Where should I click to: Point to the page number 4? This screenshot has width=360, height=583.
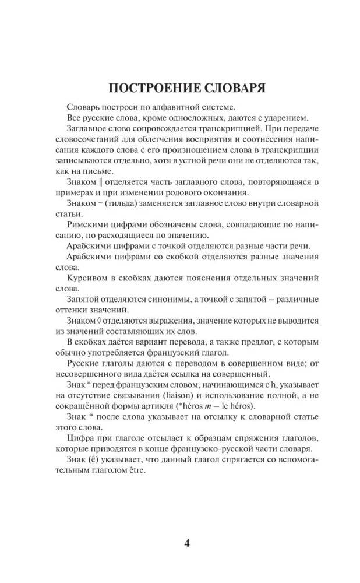[187, 544]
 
